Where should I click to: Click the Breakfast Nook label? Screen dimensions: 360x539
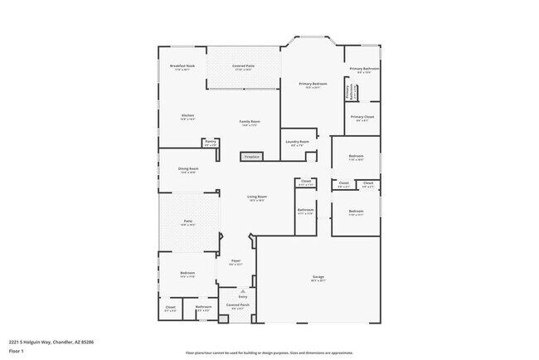tap(182, 65)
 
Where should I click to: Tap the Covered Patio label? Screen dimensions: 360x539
tap(244, 65)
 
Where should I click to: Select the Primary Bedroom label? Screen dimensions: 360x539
tap(313, 85)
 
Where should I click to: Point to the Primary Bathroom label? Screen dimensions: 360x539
tap(364, 69)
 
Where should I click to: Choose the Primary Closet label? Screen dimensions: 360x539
tap(362, 117)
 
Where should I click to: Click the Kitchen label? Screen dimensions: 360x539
tap(187, 115)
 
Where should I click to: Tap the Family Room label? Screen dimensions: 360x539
tap(250, 122)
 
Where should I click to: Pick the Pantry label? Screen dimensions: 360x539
tap(210, 142)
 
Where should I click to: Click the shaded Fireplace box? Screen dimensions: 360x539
tap(251, 156)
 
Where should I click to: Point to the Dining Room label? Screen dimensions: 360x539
tap(187, 168)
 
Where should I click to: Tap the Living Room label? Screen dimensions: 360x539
tap(256, 197)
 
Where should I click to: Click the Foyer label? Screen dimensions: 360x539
tap(236, 261)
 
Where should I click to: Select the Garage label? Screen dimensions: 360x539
tap(318, 276)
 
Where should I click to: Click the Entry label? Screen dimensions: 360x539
tap(243, 295)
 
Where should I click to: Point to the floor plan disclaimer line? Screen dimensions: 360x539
tap(269, 353)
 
